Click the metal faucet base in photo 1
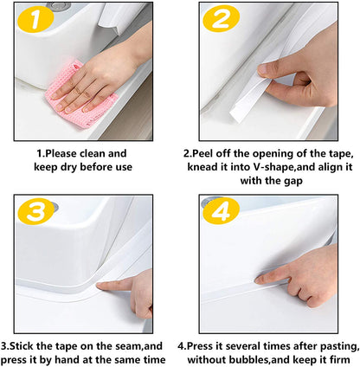tap(59, 5)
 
